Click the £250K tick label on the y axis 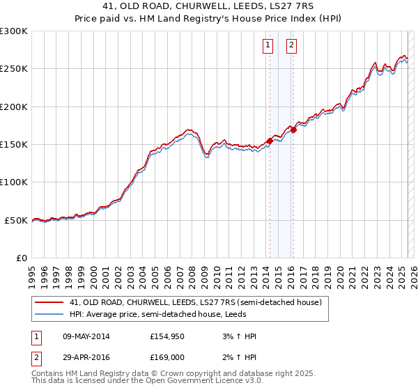14,69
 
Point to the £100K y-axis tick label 14,182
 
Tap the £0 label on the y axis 22,258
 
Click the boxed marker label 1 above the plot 268,46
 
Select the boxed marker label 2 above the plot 291,46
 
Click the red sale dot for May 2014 270,141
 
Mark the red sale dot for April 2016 294,130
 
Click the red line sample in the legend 49,303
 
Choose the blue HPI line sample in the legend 49,314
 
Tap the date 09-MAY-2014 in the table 86,337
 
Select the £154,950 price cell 167,337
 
